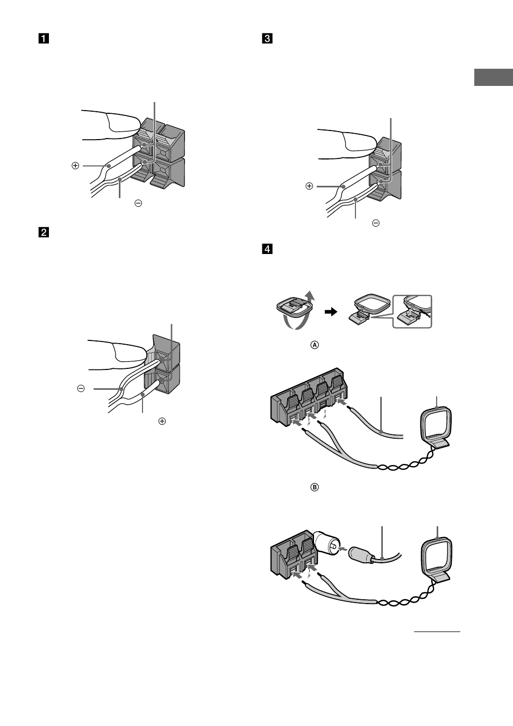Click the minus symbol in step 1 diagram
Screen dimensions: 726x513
(138, 204)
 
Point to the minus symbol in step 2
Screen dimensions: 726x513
(81, 388)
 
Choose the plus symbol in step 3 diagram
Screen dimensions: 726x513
(309, 186)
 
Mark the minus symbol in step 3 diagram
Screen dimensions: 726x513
(376, 223)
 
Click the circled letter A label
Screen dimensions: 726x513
(315, 345)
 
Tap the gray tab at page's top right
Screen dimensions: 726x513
(494, 77)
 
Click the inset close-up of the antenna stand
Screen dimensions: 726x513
(412, 311)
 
